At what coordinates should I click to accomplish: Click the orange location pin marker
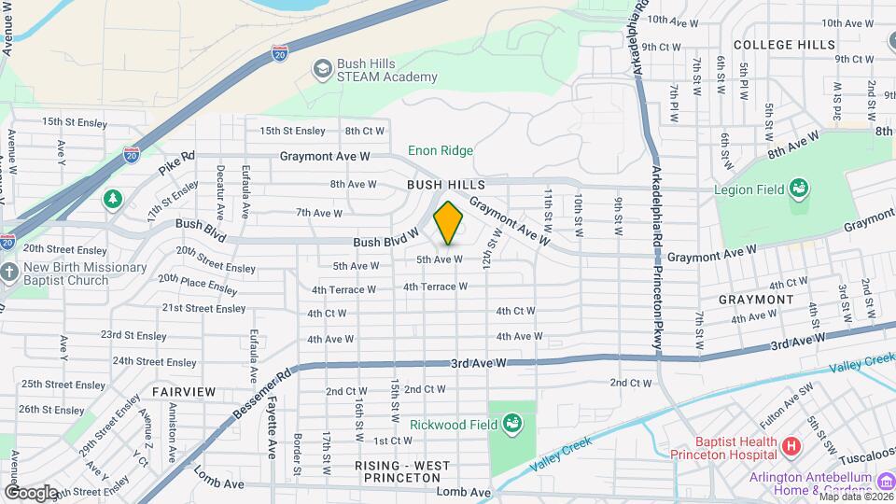449,223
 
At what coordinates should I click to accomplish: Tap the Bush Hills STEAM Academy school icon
322,69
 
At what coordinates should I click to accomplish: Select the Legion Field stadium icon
798,189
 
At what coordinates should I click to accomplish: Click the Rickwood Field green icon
511,426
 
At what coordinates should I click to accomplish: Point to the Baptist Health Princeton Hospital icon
791,447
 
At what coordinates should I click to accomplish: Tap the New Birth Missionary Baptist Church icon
9,273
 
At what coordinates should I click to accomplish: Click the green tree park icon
113,199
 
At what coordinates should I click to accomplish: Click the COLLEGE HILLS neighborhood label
784,44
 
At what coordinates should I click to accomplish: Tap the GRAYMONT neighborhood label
756,300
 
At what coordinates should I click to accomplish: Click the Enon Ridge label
441,150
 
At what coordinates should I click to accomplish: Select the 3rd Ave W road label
478,362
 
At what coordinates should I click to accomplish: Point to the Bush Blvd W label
385,241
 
